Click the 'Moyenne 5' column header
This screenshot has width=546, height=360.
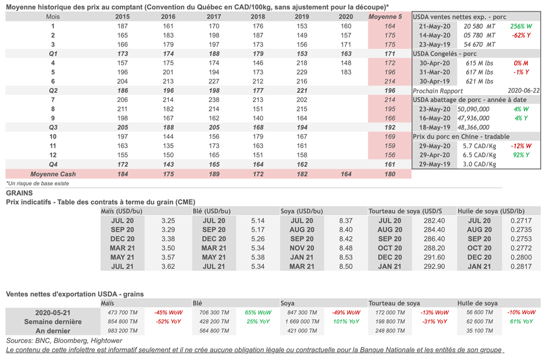389,17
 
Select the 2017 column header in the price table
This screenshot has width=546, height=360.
214,17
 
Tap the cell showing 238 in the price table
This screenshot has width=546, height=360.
214,100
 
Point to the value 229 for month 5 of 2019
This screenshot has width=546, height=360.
302,72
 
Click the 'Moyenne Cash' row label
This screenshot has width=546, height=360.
53,174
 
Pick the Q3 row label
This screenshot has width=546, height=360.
53,127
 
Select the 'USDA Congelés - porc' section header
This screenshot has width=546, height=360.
445,54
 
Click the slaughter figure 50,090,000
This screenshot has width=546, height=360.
474,109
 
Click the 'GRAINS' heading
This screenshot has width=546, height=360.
19,193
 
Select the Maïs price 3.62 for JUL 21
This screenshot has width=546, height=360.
168,266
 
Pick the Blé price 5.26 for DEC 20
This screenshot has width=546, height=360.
258,239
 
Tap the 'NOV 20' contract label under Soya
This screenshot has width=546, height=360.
302,248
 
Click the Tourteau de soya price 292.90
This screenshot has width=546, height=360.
433,266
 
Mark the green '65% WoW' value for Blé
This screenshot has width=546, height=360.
259,313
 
